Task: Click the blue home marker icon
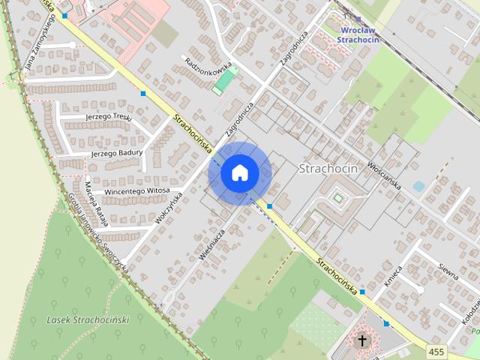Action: [239, 173]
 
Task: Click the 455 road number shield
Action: [436, 351]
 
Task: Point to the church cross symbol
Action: [363, 341]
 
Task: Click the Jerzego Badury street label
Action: [116, 153]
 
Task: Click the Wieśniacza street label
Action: [212, 244]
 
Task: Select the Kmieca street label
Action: [392, 278]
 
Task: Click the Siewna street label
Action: [448, 271]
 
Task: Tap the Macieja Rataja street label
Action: [95, 203]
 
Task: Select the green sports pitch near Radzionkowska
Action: [224, 81]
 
